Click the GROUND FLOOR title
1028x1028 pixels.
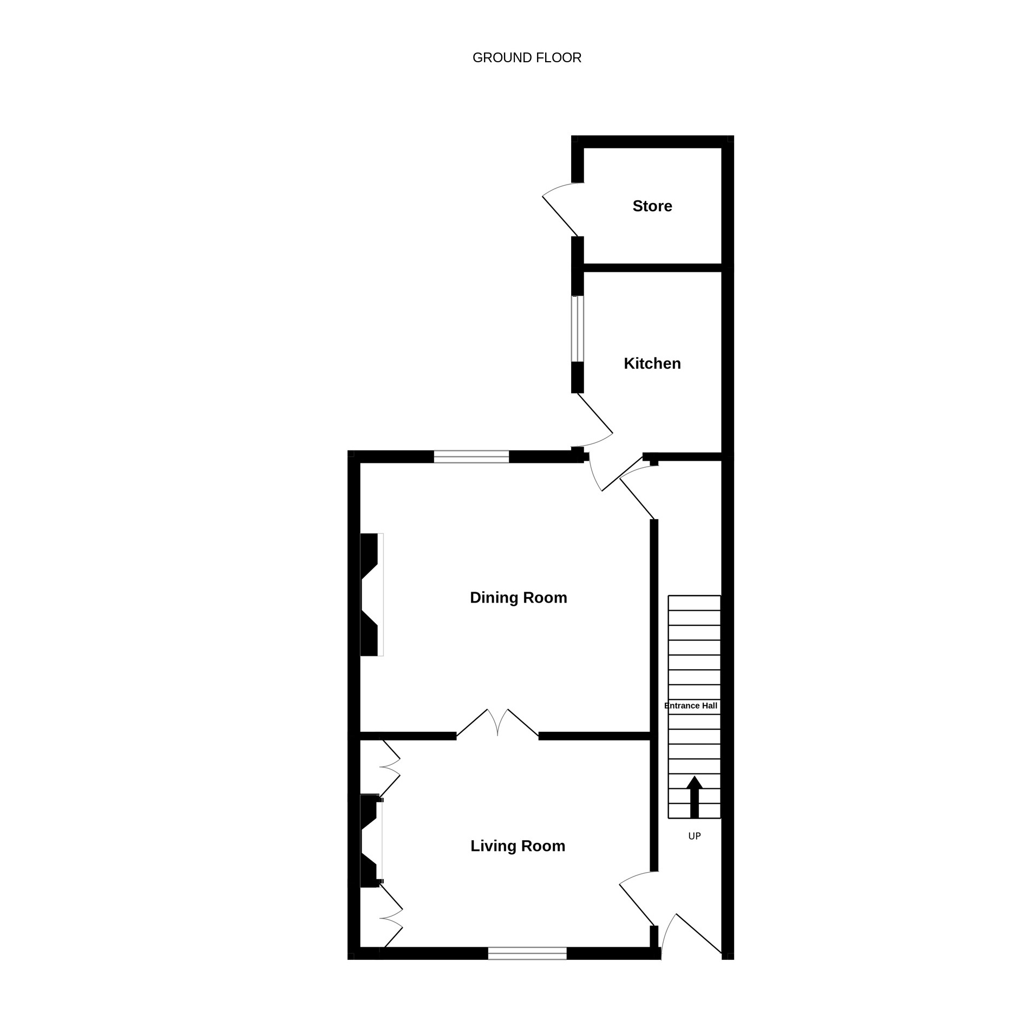[x=527, y=58]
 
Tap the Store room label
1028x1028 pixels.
[x=652, y=206]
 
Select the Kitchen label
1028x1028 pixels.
[x=652, y=364]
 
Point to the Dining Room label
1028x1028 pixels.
[x=519, y=598]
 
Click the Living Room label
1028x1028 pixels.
[x=518, y=846]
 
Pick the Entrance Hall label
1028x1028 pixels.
[x=691, y=706]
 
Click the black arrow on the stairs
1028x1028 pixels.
[x=695, y=797]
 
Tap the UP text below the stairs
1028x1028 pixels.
[x=695, y=836]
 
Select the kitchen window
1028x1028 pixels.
[x=578, y=329]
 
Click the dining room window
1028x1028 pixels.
[x=472, y=457]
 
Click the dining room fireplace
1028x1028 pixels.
[x=372, y=595]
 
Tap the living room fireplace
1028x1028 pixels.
[x=371, y=841]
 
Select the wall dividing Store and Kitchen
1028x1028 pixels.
[x=653, y=268]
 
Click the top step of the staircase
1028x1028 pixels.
[x=695, y=603]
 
